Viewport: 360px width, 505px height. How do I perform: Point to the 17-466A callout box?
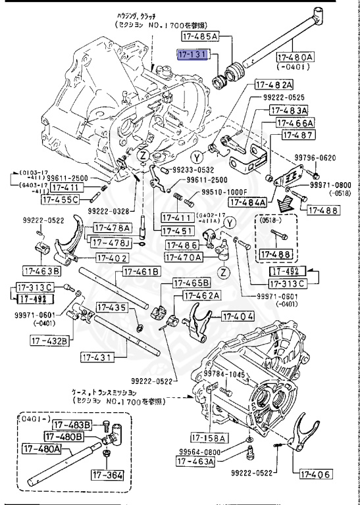point(296,123)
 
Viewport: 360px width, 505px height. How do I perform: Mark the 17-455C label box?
point(60,199)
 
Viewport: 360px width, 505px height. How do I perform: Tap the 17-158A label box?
point(209,437)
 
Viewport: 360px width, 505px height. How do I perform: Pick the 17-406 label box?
point(316,473)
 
